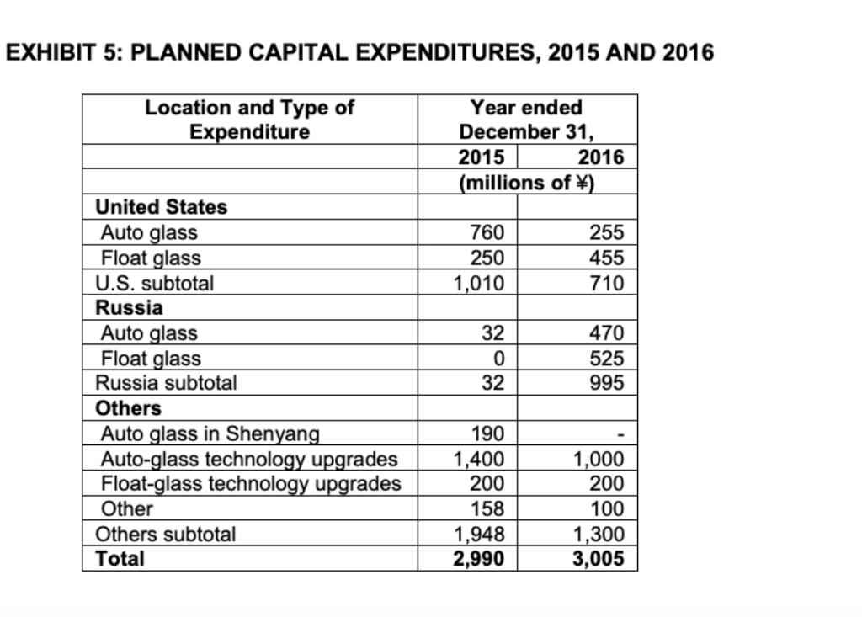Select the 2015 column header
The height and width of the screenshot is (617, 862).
pyautogui.click(x=482, y=157)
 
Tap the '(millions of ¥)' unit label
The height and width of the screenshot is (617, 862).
pyautogui.click(x=527, y=182)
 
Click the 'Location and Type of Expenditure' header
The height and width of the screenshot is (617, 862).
pyautogui.click(x=249, y=120)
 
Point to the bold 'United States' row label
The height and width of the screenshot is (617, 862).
pyautogui.click(x=162, y=207)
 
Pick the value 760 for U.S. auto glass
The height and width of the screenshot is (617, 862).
pyautogui.click(x=488, y=232)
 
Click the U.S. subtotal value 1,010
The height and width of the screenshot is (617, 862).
pyautogui.click(x=479, y=283)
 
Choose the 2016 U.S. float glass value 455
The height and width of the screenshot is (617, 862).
pyautogui.click(x=607, y=258)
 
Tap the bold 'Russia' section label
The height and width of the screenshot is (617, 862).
pyautogui.click(x=130, y=307)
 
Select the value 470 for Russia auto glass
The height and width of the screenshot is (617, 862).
pyautogui.click(x=607, y=333)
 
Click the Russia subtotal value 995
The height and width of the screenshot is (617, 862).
pyautogui.click(x=607, y=383)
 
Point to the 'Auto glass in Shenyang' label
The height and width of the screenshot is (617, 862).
pyautogui.click(x=210, y=433)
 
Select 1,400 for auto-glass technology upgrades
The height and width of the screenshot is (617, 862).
pyautogui.click(x=479, y=459)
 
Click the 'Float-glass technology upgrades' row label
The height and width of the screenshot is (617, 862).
pyautogui.click(x=251, y=484)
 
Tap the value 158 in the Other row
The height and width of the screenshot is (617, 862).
pyautogui.click(x=488, y=508)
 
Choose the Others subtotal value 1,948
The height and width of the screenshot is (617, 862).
pyautogui.click(x=479, y=534)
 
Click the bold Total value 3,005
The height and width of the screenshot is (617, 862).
pyautogui.click(x=599, y=558)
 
